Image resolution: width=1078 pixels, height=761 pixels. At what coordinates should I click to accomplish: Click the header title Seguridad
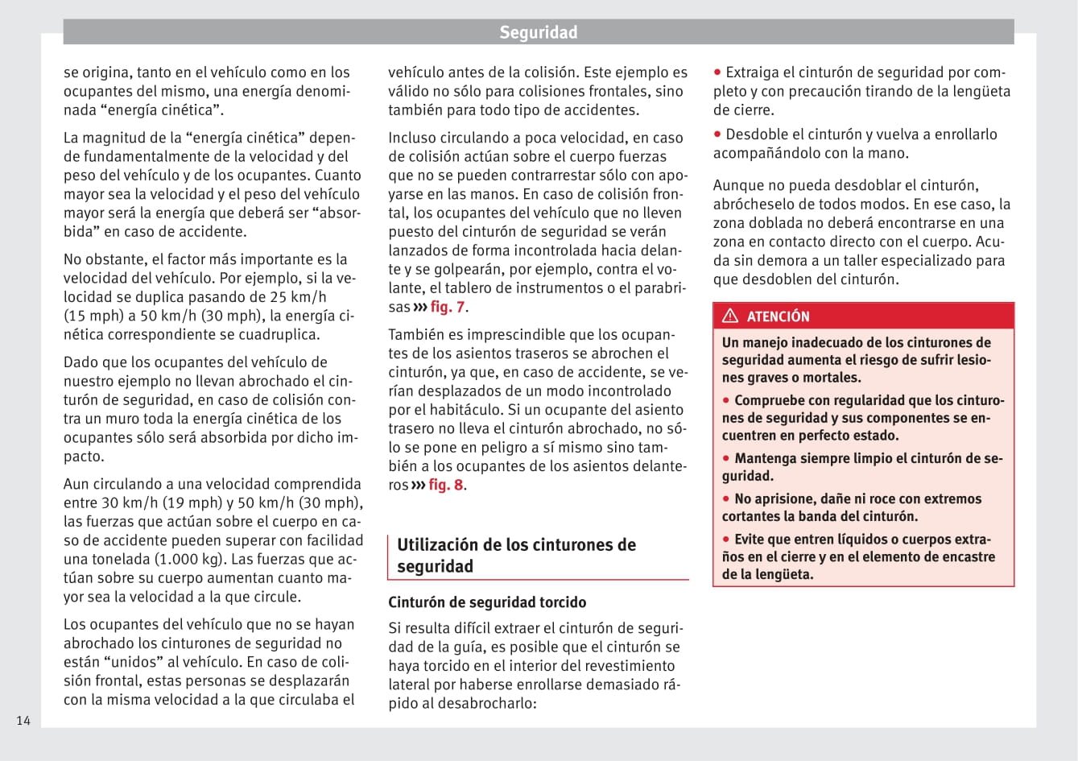(x=538, y=32)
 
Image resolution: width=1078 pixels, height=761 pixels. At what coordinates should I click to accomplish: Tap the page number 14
(x=23, y=721)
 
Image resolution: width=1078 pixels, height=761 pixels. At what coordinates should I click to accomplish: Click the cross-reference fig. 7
(x=447, y=307)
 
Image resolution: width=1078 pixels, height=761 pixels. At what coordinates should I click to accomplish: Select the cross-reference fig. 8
(x=445, y=485)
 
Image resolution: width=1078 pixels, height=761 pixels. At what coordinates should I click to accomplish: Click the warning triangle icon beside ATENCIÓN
(x=730, y=316)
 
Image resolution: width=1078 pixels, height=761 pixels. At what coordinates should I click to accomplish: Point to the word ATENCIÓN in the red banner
(x=778, y=316)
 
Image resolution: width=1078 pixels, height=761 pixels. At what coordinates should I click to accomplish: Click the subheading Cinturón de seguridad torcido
(x=487, y=602)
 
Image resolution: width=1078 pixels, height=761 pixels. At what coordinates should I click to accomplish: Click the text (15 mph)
(x=94, y=316)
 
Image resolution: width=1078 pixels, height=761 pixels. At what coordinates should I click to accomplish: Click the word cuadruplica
(x=276, y=334)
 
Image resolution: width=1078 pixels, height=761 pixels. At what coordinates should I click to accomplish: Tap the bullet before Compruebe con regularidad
(x=726, y=400)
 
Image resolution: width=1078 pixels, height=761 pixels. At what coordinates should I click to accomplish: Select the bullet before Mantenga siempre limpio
(x=726, y=458)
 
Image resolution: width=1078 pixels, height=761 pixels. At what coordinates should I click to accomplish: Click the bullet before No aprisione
(x=726, y=498)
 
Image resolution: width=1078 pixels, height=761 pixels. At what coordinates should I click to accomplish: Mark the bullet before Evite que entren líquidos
(x=726, y=539)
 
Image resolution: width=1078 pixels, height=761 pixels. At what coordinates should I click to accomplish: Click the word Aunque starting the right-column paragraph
(x=739, y=185)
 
